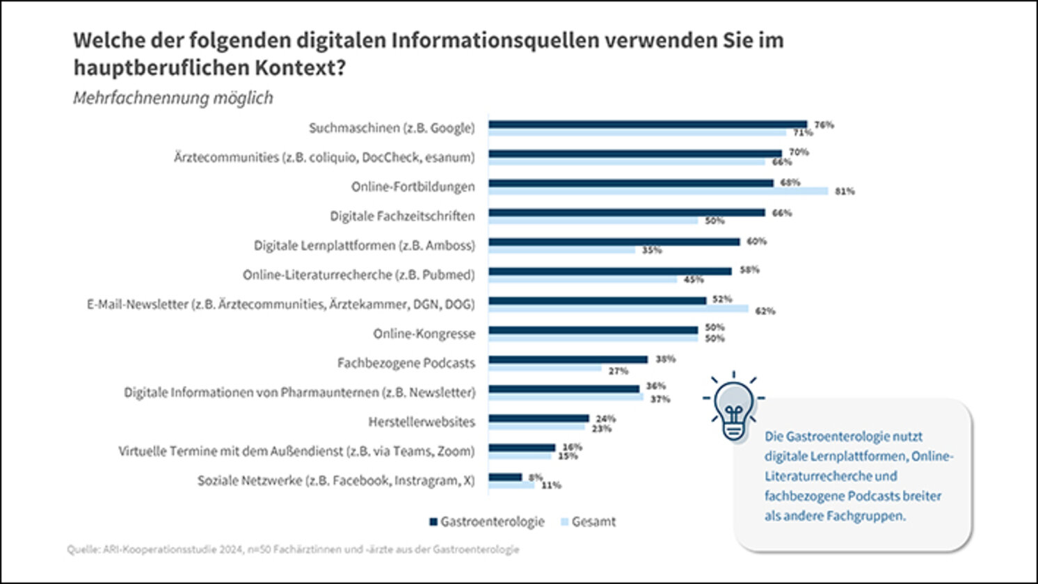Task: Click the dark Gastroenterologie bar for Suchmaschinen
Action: (x=647, y=124)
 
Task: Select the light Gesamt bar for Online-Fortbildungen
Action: (x=657, y=191)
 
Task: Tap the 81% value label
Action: (x=845, y=191)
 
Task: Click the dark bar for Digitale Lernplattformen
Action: (x=614, y=242)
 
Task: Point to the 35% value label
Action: (x=652, y=250)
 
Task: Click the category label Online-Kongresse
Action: (x=424, y=334)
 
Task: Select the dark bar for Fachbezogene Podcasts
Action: (x=568, y=359)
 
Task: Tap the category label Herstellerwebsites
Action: (x=422, y=422)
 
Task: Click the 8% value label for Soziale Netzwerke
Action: (x=535, y=477)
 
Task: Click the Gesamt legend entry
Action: (x=588, y=521)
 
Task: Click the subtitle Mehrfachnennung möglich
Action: (x=173, y=98)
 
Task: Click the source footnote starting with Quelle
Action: (x=293, y=549)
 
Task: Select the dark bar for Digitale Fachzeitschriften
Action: (x=626, y=213)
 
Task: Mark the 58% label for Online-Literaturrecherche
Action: (x=749, y=270)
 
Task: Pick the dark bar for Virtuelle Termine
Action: (x=522, y=448)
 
